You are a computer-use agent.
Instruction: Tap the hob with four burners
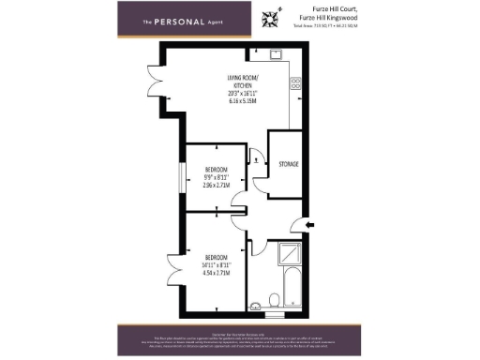coord(295,83)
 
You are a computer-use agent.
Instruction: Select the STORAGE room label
coord(289,164)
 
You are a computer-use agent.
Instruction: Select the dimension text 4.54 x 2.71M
coord(217,273)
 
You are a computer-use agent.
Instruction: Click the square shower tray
coord(283,255)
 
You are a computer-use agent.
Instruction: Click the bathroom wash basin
coord(255,302)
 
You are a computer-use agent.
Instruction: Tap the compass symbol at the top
coord(272,16)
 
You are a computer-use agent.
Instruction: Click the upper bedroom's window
coord(185,177)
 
